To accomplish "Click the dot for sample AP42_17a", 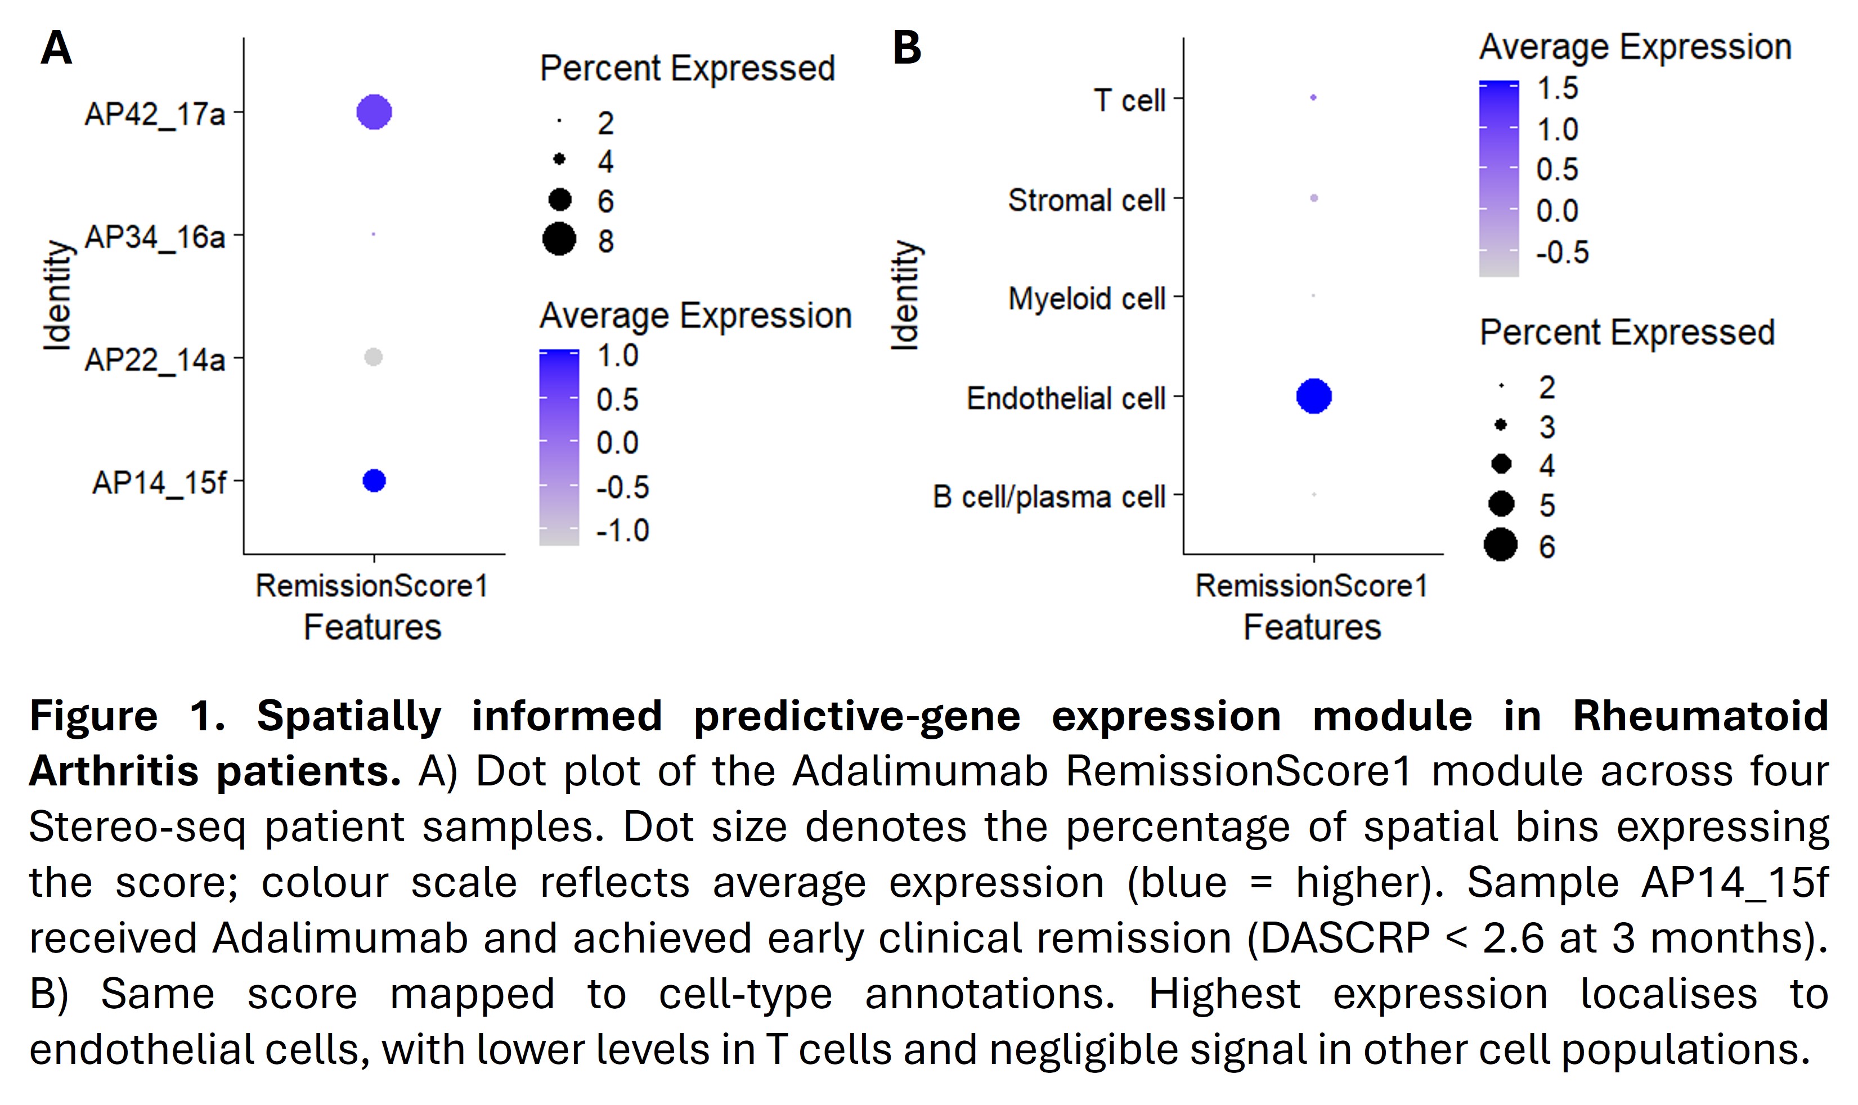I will click(x=374, y=113).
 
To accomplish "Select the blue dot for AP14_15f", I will click(x=374, y=481).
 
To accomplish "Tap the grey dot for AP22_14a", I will click(x=373, y=357).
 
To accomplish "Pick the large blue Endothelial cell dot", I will click(x=1314, y=396).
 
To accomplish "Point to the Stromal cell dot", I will click(x=1314, y=198).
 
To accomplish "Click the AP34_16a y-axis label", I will click(x=155, y=237).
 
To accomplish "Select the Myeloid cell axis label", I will click(x=1087, y=299).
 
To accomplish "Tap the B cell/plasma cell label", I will click(x=1048, y=497).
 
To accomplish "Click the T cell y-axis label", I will click(x=1129, y=101).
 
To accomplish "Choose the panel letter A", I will click(x=57, y=48).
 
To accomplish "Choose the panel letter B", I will click(x=906, y=48).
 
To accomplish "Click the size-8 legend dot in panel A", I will click(x=559, y=240).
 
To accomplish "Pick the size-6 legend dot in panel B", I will click(x=1501, y=545).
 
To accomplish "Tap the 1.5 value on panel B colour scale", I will click(x=1558, y=88).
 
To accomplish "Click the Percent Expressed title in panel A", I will click(x=688, y=69).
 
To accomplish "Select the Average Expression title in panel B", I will click(x=1635, y=47).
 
